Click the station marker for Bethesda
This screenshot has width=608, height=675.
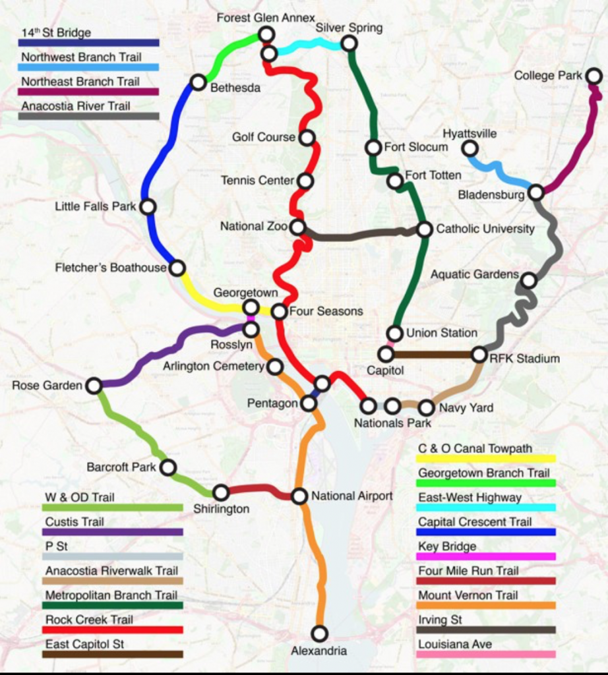(198, 82)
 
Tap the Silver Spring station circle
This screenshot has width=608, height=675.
(350, 44)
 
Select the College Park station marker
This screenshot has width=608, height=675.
(593, 76)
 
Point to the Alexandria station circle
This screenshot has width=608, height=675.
(319, 633)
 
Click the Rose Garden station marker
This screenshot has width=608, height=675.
(94, 386)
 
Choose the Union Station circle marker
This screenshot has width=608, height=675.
(395, 334)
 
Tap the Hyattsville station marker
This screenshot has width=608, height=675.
(470, 148)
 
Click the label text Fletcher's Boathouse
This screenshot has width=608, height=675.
(111, 268)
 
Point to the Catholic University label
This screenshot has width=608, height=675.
(485, 229)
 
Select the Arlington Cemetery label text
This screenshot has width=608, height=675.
(214, 366)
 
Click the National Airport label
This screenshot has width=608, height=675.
(352, 496)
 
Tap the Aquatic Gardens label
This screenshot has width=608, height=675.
(475, 274)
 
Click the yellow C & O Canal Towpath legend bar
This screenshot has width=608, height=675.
(487, 458)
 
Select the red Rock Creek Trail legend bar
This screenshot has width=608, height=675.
(112, 630)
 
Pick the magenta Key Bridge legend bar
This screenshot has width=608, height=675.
(487, 556)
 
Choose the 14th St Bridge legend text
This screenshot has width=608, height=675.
(56, 32)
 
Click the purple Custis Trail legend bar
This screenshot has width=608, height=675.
(112, 532)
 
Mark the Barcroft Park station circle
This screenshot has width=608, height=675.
(168, 467)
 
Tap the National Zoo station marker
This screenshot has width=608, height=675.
(298, 227)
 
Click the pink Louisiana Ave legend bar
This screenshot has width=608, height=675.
(487, 655)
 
